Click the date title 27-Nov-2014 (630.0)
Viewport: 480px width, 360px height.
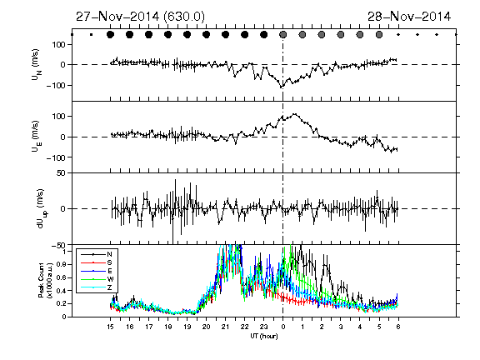coord(140,17)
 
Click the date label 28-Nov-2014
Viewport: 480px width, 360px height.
coord(409,17)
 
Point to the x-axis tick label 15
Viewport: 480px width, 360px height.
coord(110,327)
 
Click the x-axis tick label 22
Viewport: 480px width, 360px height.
coord(245,327)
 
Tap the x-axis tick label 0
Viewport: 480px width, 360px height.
coord(283,327)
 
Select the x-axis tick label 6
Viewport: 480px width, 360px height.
coord(398,327)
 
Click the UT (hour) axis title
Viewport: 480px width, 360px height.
coord(264,336)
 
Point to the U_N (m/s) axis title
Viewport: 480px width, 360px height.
coord(36,65)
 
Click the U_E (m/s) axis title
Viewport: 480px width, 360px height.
coord(36,137)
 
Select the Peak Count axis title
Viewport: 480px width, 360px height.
coord(44,280)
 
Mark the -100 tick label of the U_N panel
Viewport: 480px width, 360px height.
coord(56,85)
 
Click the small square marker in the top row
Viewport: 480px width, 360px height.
coord(91,35)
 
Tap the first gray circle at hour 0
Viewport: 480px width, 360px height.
coord(283,35)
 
